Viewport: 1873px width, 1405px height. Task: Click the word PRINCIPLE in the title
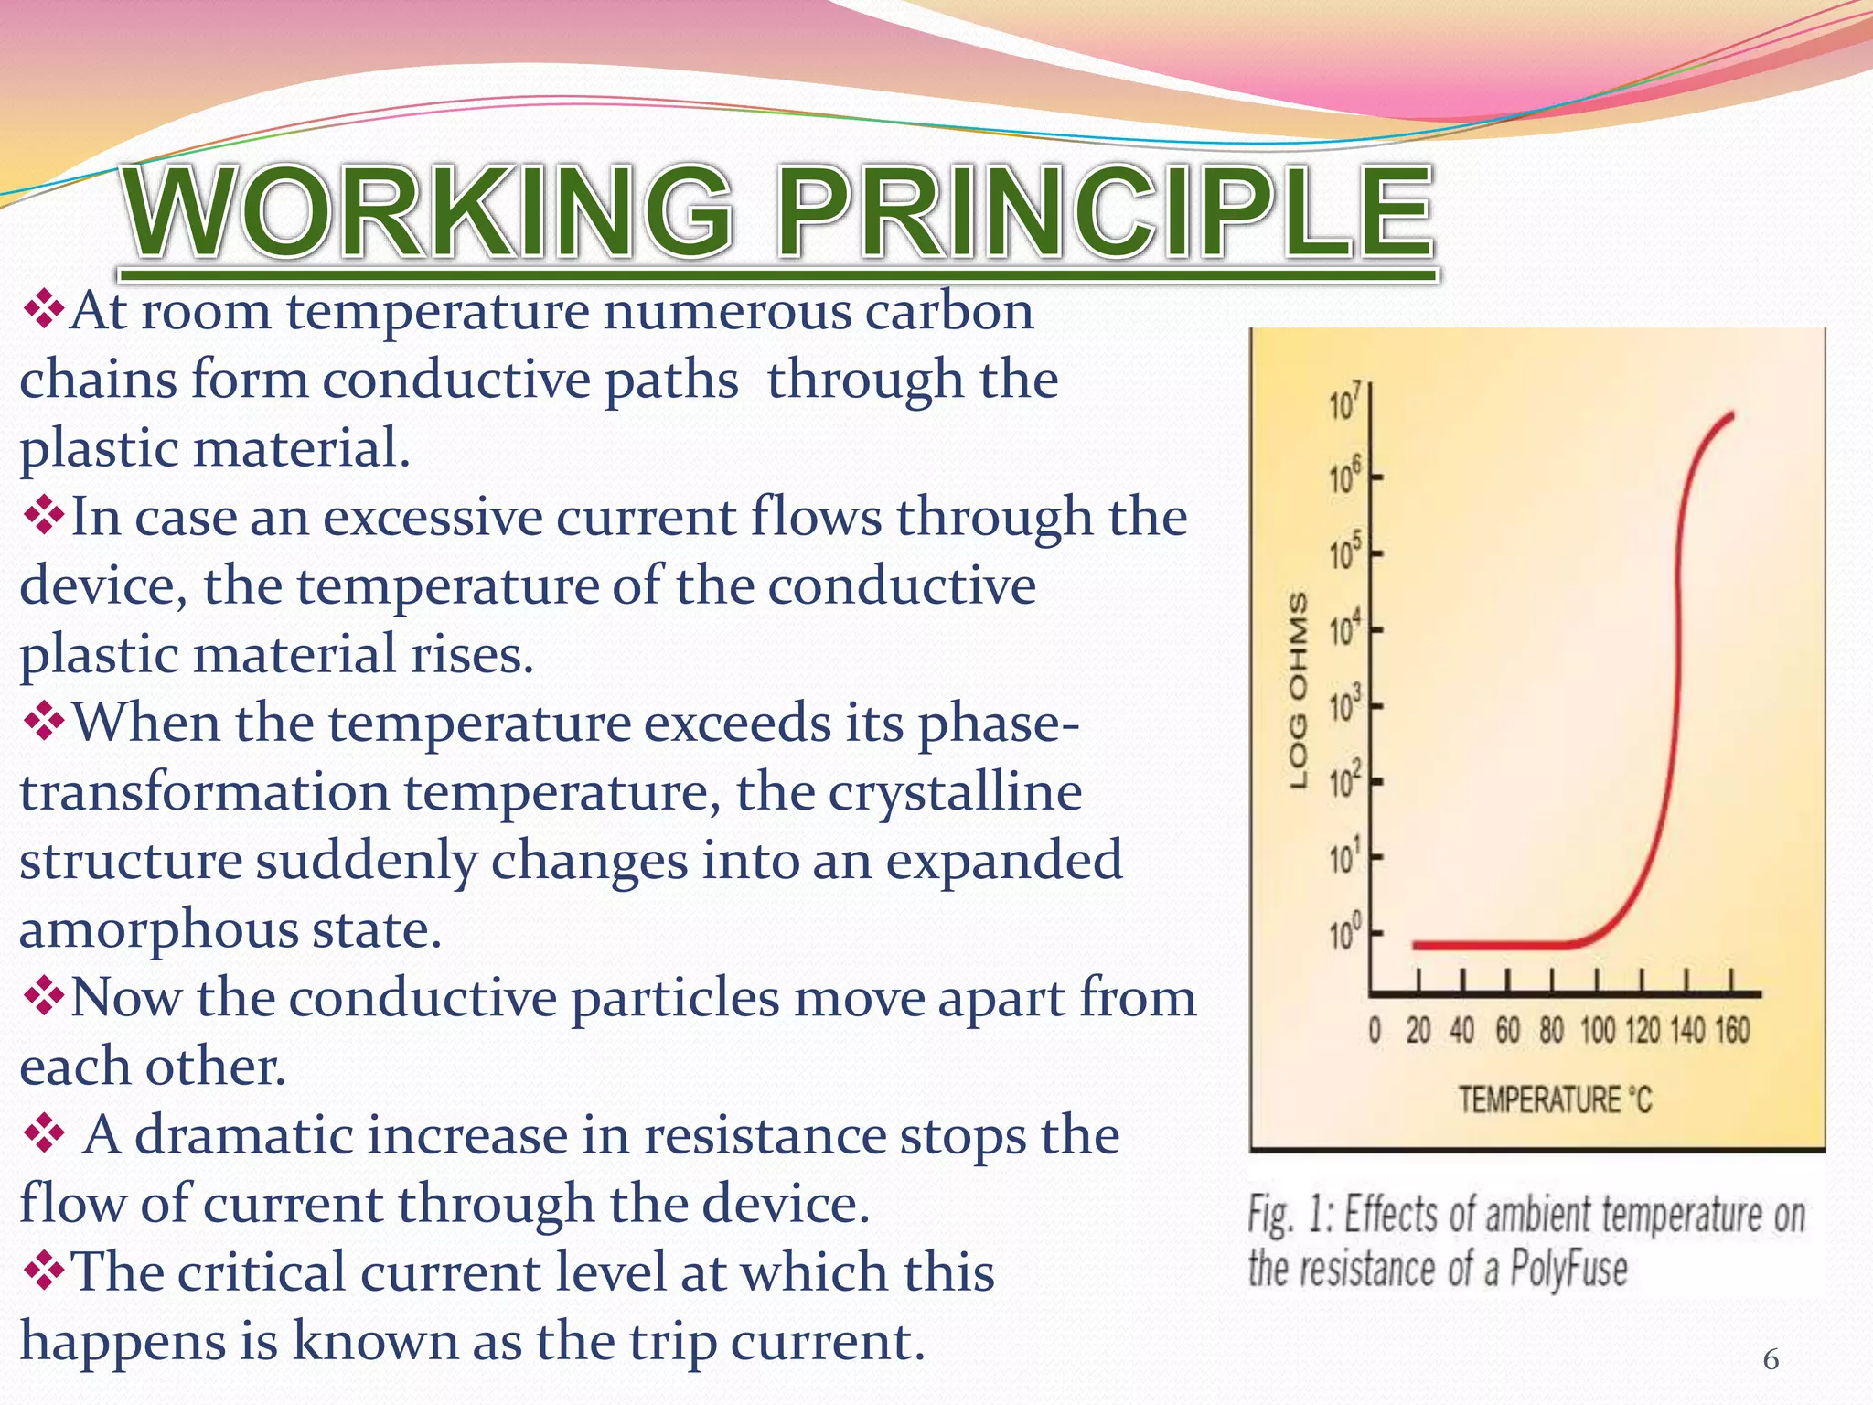[x=1105, y=212]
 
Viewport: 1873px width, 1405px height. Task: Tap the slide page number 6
[x=1771, y=1360]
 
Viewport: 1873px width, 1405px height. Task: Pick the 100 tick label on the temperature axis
[x=1598, y=1031]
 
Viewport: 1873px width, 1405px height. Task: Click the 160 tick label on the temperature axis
[x=1731, y=1031]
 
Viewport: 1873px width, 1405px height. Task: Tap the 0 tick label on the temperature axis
[x=1375, y=1031]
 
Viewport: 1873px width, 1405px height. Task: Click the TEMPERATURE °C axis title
[x=1555, y=1099]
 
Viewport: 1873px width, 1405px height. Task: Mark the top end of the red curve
[x=1731, y=415]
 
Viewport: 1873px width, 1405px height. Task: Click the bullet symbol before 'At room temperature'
[x=42, y=311]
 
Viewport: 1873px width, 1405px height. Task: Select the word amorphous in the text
[x=158, y=929]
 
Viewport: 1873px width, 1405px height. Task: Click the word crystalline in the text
[x=955, y=792]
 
